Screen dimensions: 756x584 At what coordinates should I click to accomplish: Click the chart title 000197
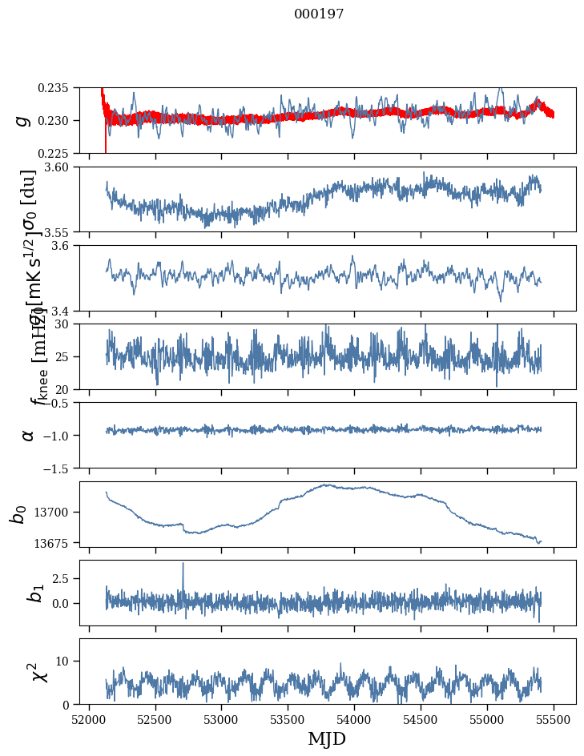[x=319, y=14]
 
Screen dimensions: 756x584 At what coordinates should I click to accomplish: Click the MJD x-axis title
[x=327, y=738]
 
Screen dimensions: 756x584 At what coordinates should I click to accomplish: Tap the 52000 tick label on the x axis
[x=89, y=718]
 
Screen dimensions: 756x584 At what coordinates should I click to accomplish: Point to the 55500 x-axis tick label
[x=554, y=718]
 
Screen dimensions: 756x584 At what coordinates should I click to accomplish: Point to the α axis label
[x=28, y=435]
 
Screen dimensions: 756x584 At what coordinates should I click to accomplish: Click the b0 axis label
[x=18, y=513]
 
